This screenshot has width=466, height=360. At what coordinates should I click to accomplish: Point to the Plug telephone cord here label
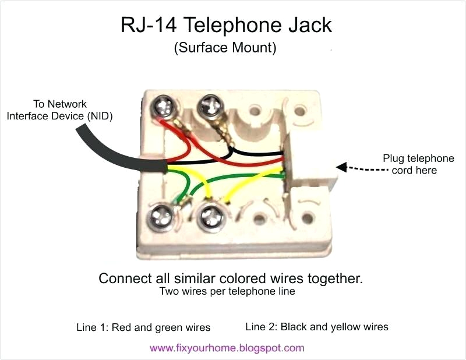(418, 164)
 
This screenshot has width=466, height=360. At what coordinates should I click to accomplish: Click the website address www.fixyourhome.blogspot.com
(227, 348)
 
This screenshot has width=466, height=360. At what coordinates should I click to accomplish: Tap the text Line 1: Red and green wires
(143, 327)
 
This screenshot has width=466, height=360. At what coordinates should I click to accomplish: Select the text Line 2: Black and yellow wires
(317, 326)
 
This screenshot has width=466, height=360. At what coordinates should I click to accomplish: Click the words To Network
(59, 104)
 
